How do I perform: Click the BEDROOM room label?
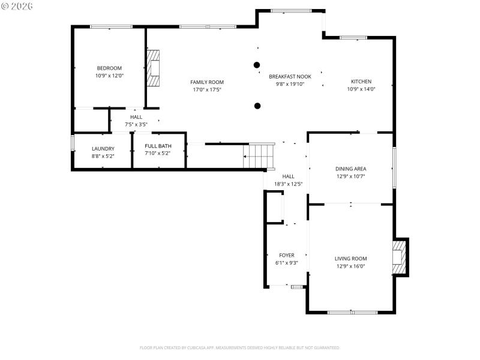[x=109, y=68]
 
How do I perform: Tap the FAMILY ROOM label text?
[x=207, y=82]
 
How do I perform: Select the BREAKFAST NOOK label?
[x=290, y=76]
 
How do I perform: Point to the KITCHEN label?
[x=361, y=81]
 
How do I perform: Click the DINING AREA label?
[x=350, y=169]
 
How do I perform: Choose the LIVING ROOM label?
[x=350, y=259]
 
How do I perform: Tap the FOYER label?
[x=287, y=255]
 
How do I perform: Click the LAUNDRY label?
[x=103, y=148]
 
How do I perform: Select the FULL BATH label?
[x=158, y=146]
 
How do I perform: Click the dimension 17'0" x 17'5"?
[x=207, y=90]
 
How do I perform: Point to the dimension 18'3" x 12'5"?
[x=288, y=184]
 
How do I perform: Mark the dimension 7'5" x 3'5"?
[x=136, y=124]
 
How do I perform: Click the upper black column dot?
[x=257, y=64]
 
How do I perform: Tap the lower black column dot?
[x=257, y=106]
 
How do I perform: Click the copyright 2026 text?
[x=17, y=6]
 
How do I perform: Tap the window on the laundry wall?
[x=73, y=144]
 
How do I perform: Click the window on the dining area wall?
[x=394, y=167]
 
